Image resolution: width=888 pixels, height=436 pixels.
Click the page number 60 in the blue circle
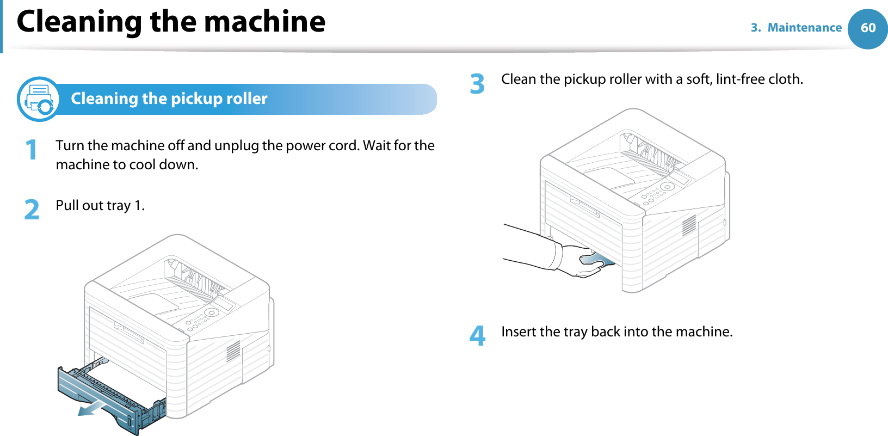(x=868, y=28)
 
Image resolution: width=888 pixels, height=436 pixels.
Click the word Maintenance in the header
(x=804, y=28)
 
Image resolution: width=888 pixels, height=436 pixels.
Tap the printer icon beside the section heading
(x=39, y=99)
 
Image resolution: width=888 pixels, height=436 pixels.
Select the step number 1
(x=32, y=150)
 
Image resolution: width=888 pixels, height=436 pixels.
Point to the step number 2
(x=32, y=210)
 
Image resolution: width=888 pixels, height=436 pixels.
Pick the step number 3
(x=477, y=84)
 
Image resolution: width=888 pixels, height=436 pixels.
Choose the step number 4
(x=477, y=336)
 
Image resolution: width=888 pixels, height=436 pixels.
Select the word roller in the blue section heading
(x=244, y=99)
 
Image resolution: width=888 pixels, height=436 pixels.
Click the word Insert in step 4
(x=519, y=331)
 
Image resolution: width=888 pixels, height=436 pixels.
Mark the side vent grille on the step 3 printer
(x=689, y=225)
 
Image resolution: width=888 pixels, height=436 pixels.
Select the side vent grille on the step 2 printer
(x=233, y=351)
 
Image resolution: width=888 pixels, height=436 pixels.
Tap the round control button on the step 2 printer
(x=211, y=312)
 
